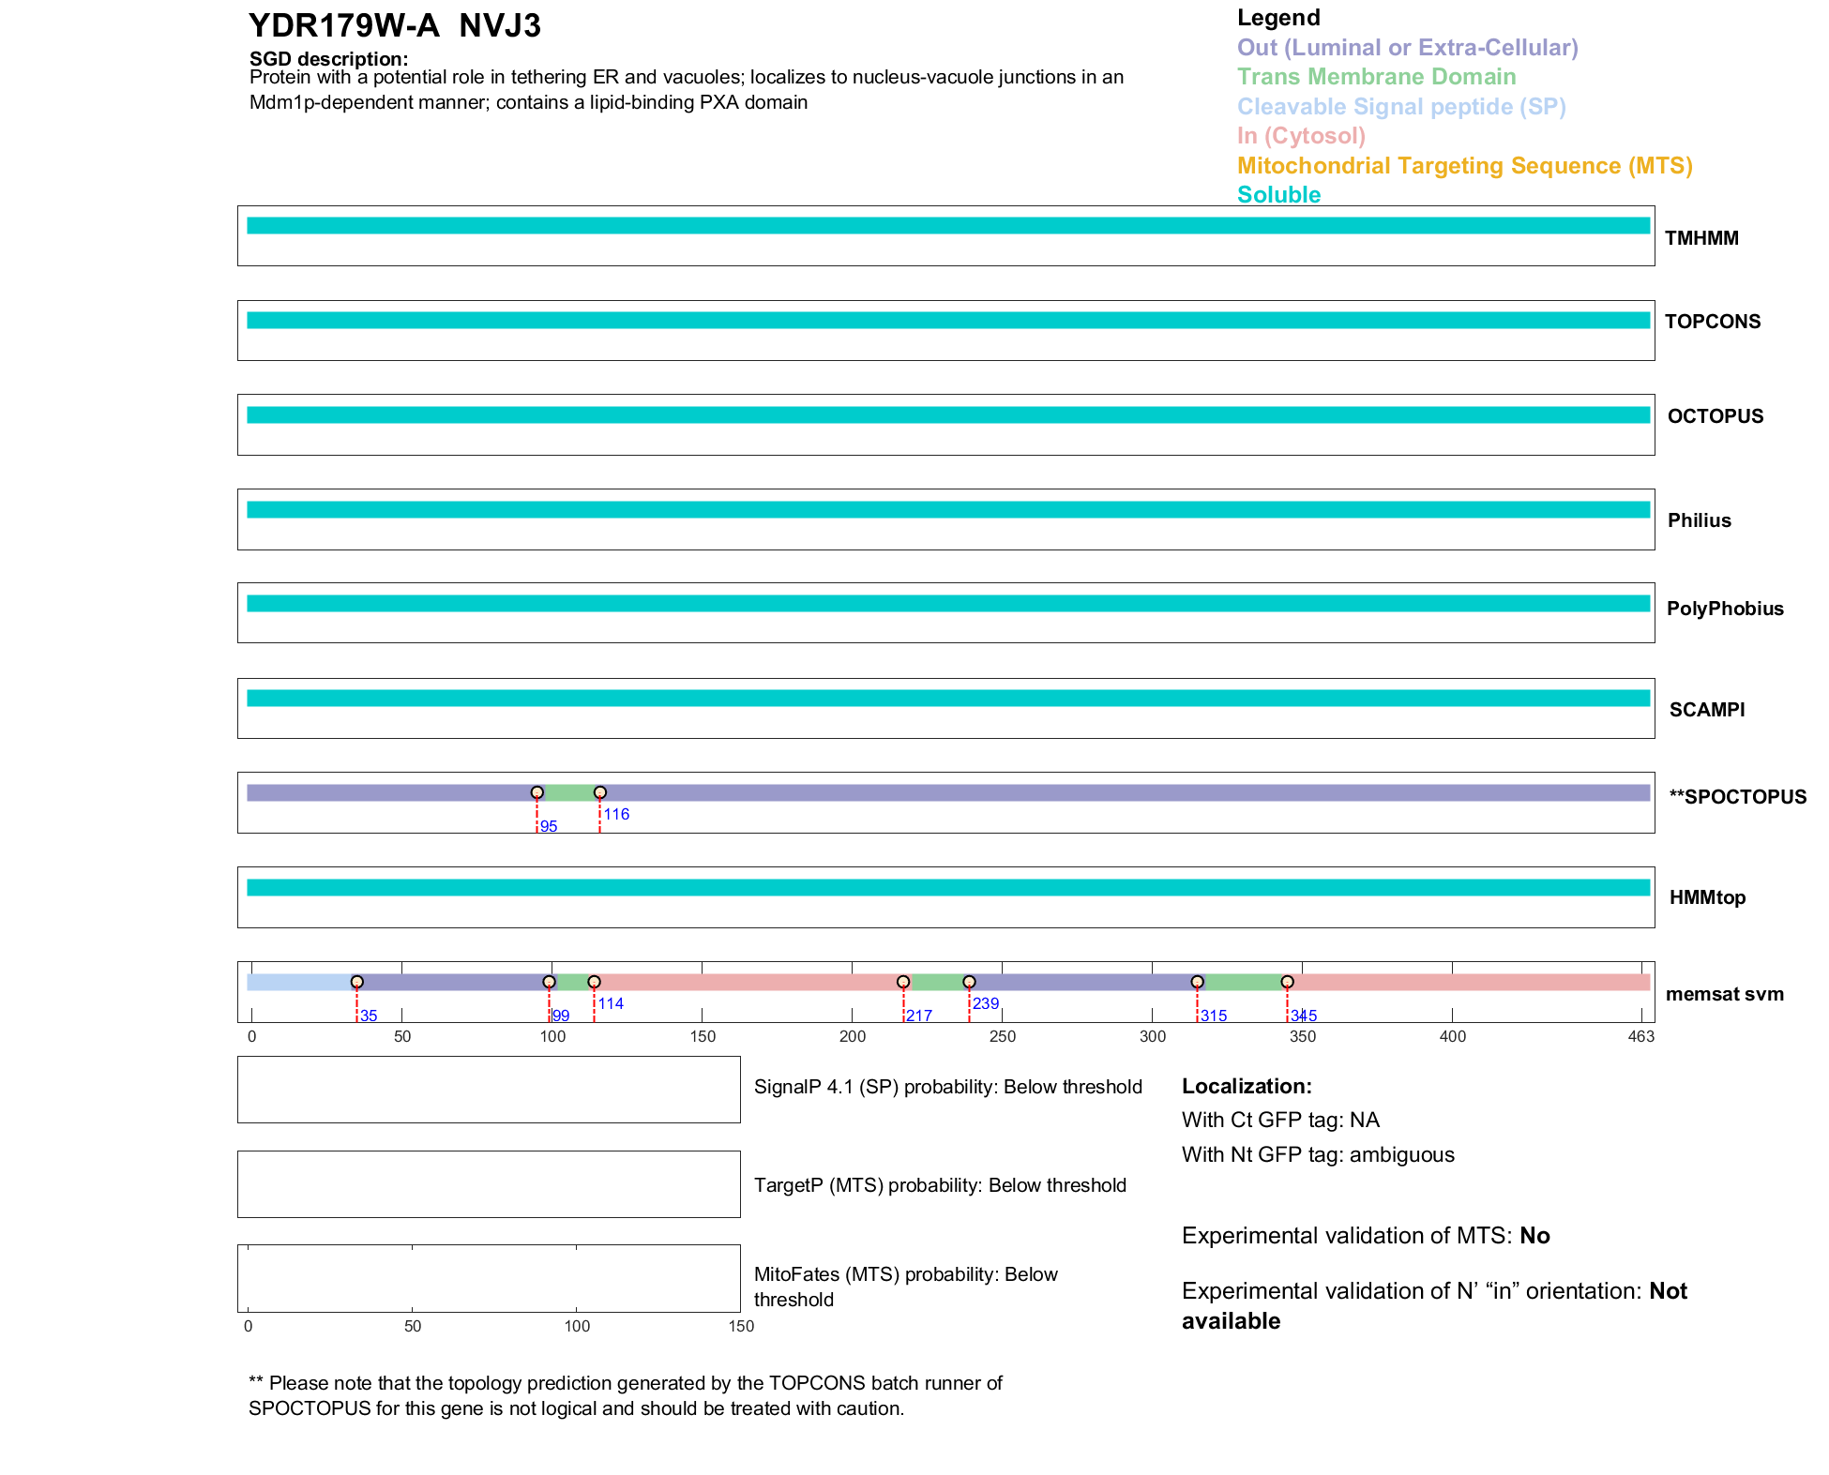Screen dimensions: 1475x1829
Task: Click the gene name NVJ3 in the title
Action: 500,26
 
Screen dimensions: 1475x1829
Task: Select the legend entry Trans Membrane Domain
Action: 1376,77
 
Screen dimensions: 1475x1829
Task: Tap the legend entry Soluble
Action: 1278,195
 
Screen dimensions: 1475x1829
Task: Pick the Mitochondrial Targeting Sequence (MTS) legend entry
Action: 1464,166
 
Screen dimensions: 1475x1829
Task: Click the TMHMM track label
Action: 1701,238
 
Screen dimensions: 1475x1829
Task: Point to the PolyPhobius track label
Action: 1725,609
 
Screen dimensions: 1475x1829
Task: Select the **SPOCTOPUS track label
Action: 1737,797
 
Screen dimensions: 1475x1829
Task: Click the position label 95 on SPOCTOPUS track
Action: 549,827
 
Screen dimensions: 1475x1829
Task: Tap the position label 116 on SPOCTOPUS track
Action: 616,814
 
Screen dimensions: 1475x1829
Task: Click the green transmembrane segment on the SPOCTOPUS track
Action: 568,793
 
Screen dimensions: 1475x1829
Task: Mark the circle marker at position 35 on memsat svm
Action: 357,982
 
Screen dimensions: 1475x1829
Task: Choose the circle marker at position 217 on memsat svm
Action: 903,982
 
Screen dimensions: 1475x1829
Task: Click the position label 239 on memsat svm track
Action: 986,1003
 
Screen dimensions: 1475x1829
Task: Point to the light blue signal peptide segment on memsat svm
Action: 300,983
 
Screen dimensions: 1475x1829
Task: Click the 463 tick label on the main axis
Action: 1641,1037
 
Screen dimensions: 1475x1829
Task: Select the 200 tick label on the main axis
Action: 853,1037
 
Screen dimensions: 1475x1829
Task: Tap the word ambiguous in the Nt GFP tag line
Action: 1401,1155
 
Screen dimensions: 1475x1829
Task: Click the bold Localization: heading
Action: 1247,1087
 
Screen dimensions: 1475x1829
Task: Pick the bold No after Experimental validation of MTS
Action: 1534,1236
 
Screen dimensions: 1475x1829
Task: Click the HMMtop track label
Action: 1707,898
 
